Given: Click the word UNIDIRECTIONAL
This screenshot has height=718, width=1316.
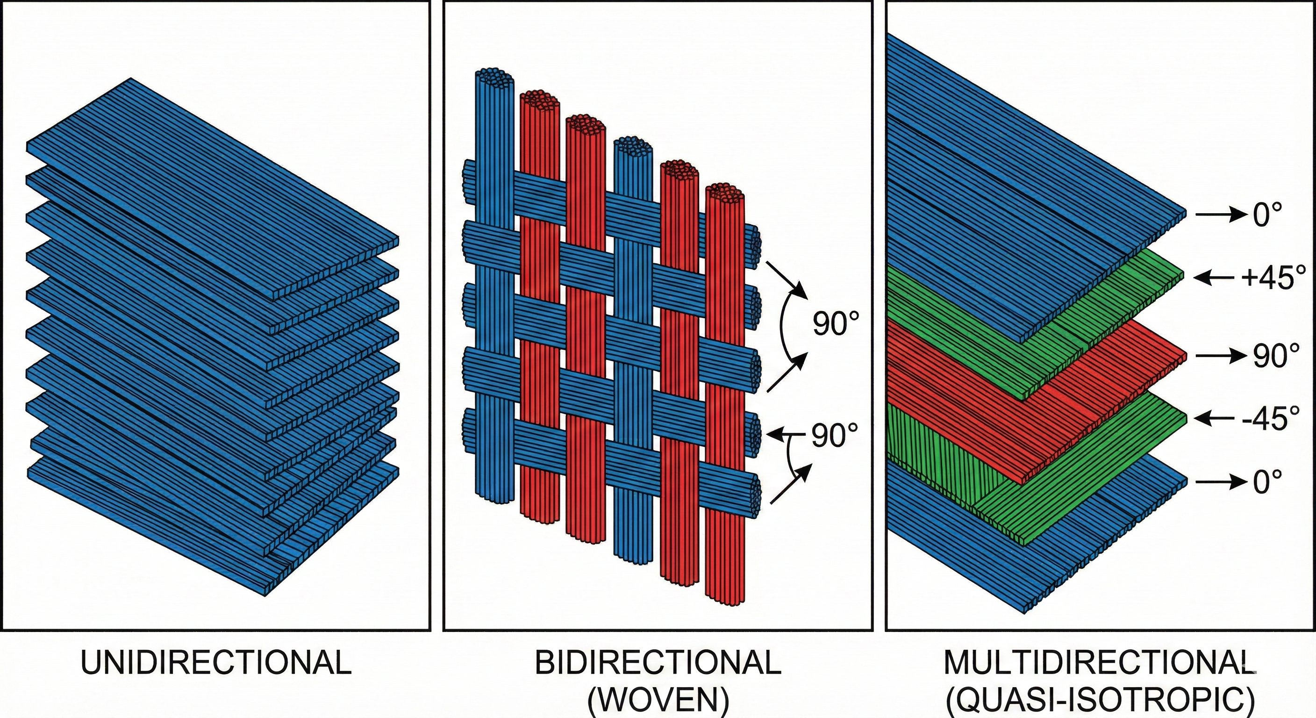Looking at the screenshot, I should [x=216, y=663].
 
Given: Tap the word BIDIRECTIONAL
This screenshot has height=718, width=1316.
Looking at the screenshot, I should [x=658, y=663].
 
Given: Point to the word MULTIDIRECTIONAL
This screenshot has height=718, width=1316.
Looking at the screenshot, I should [x=1098, y=663].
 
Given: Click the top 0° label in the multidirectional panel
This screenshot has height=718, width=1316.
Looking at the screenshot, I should [x=1267, y=215].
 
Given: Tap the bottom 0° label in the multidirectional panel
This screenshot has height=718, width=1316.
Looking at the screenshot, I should [x=1267, y=481].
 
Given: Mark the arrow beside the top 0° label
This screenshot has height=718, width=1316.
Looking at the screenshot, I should [x=1218, y=215].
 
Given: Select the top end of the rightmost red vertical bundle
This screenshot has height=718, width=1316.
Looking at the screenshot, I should [x=724, y=193].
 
